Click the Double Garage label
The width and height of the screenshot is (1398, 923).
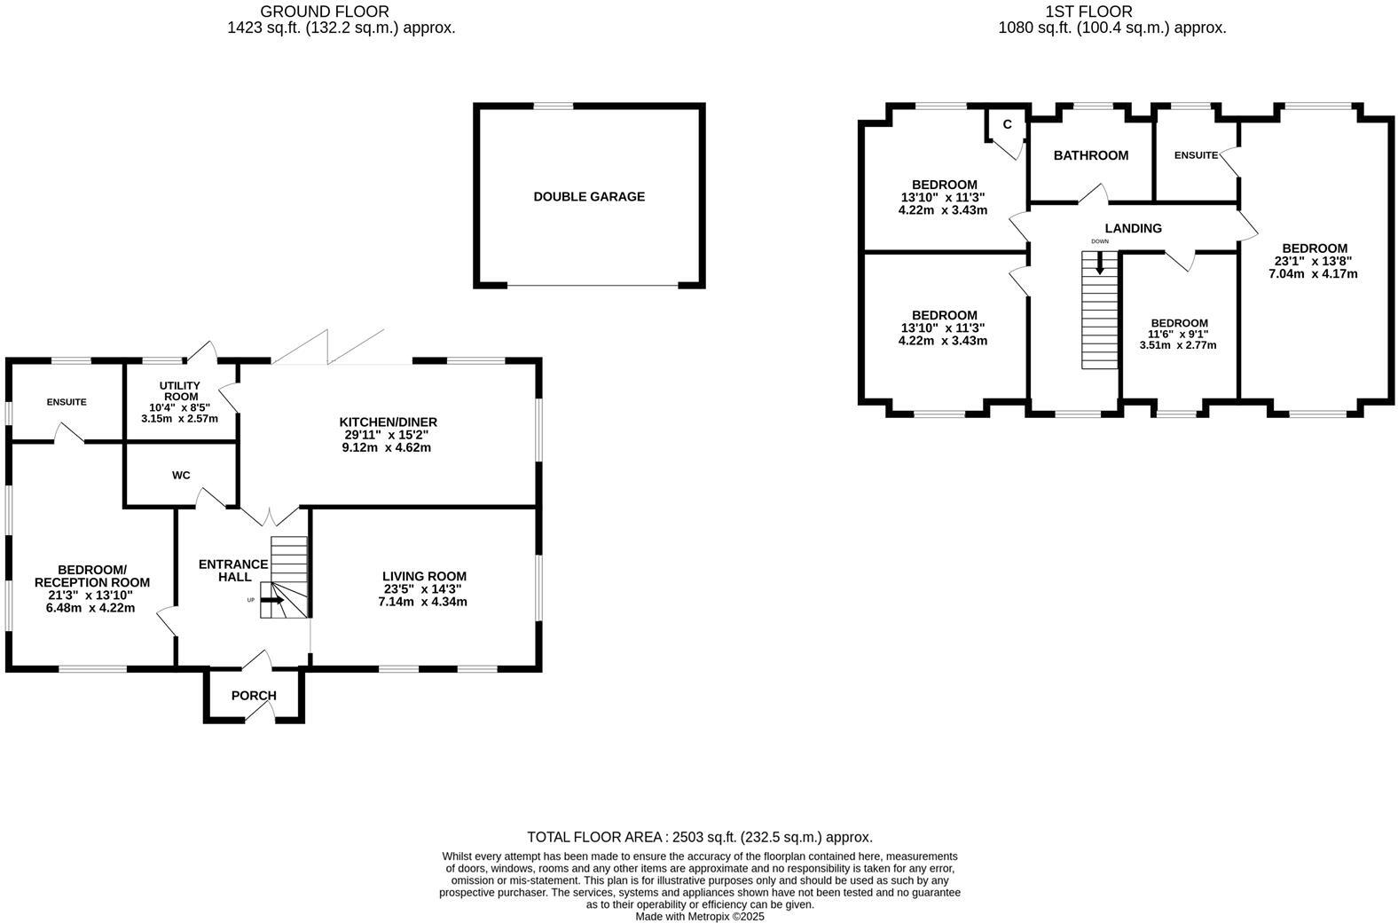coord(589,197)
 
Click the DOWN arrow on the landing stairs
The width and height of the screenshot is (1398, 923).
coord(1100,262)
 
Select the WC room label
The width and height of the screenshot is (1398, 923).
coord(181,476)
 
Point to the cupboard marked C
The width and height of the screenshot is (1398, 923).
coord(1007,124)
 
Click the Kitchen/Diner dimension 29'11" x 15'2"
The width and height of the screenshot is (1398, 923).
coord(388,435)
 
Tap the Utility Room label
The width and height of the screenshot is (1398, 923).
coord(179,390)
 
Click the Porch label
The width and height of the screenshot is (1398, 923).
coord(254,696)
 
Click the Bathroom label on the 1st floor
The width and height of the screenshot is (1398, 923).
coord(1090,155)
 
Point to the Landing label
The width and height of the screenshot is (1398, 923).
coord(1133,228)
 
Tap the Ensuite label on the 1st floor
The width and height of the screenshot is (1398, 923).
coord(1196,155)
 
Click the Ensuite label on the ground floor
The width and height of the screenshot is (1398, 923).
coord(67,402)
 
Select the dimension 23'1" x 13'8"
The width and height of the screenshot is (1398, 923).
coord(1313,261)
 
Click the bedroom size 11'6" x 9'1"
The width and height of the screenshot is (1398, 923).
coord(1179,334)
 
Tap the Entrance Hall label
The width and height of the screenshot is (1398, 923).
coord(232,570)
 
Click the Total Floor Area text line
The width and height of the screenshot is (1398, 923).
coord(699,837)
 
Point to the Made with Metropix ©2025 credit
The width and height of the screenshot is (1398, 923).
coord(699,917)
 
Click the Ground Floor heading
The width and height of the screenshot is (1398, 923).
coord(324,12)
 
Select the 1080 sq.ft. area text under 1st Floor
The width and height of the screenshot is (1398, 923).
coord(1111,28)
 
